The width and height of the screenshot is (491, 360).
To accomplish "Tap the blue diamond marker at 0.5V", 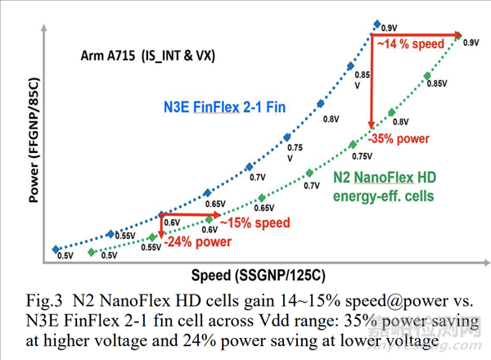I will (x=56, y=249).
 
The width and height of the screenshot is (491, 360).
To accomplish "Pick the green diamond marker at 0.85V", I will (x=427, y=76).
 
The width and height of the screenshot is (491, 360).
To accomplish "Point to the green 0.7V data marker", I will (x=308, y=173).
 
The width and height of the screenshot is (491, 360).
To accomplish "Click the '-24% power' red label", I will (x=196, y=242).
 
